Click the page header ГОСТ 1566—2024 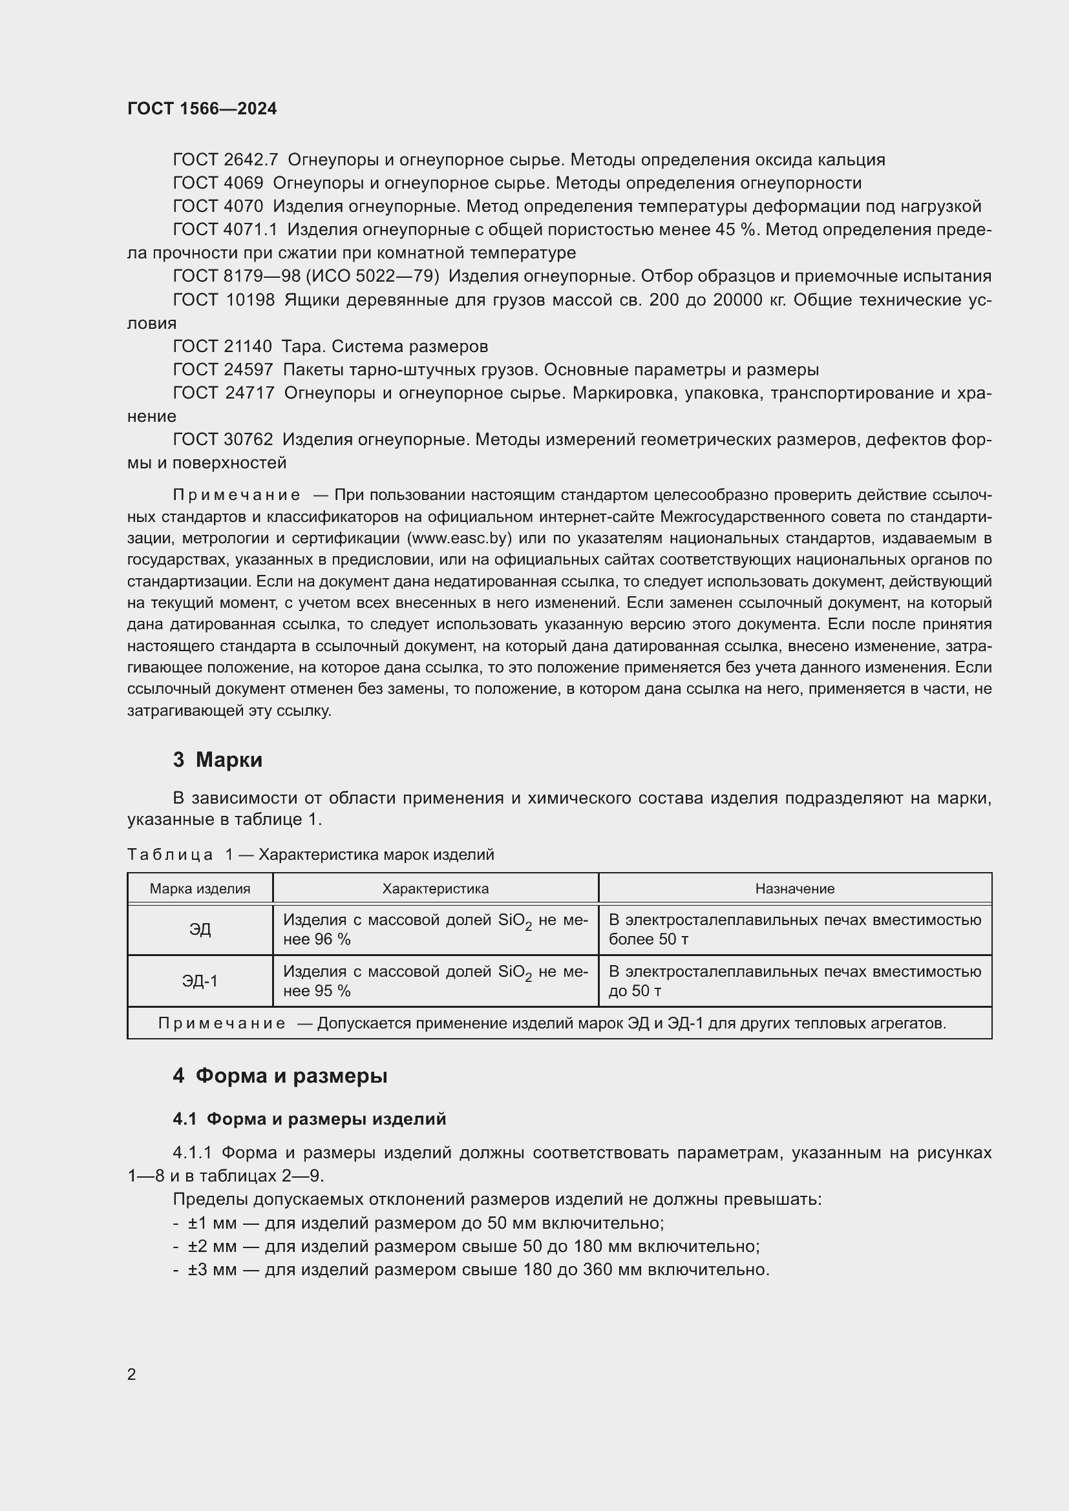click(x=202, y=109)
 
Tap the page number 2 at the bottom click(x=132, y=1374)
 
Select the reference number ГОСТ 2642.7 click(x=225, y=160)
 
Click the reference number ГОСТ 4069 click(x=218, y=183)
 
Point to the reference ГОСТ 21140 click(x=222, y=346)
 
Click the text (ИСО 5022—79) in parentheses click(x=373, y=276)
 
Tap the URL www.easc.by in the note click(x=460, y=538)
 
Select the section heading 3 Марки click(x=217, y=760)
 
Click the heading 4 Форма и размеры click(x=280, y=1076)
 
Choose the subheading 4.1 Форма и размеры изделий click(x=310, y=1120)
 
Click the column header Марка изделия click(x=200, y=889)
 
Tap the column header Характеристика click(x=435, y=889)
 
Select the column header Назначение click(x=794, y=889)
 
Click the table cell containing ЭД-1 click(x=200, y=981)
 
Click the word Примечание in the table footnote click(x=222, y=1023)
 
